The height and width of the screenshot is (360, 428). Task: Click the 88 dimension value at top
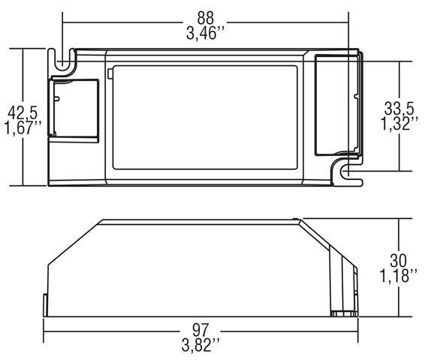pos(205,18)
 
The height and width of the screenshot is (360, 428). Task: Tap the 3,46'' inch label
pos(205,34)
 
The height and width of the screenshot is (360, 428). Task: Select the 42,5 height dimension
pos(23,112)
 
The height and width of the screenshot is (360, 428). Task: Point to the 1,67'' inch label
pos(23,127)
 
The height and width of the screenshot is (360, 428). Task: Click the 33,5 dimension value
pos(399,108)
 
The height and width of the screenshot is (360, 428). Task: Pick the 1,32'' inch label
pos(399,124)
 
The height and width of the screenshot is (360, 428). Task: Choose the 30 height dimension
pos(398,260)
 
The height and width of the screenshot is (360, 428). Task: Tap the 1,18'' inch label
pos(399,276)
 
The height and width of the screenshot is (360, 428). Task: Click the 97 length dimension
pos(200,330)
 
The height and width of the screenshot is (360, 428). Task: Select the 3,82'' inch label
pos(200,346)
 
